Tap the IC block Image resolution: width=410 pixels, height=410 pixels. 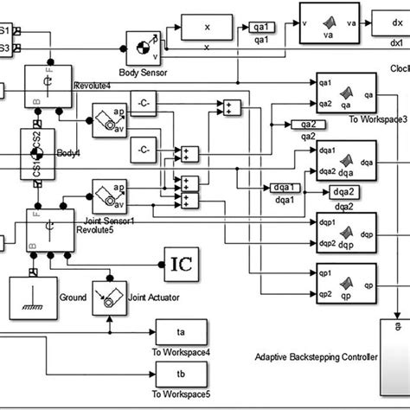coord(182,260)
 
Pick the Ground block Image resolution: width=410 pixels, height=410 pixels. coord(32,297)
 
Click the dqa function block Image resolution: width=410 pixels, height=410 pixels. coord(343,157)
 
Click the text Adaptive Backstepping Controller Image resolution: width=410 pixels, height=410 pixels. coord(317,356)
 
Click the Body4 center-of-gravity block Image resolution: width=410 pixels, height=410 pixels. coord(34,154)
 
